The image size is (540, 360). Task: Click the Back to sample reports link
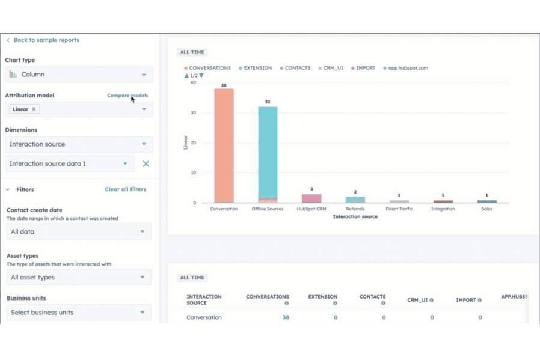point(46,40)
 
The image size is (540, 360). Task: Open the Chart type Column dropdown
point(79,75)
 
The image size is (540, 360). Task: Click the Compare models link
point(127,96)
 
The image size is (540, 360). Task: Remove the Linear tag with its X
point(34,109)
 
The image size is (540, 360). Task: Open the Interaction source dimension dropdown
point(79,144)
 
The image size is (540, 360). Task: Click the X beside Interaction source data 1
point(146,163)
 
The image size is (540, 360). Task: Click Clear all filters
point(125,189)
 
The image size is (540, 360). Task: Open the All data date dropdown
point(79,232)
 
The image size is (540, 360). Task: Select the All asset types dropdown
point(79,278)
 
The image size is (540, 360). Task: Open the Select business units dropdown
point(79,313)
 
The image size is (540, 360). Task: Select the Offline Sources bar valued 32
point(268,150)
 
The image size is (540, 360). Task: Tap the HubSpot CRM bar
point(311,198)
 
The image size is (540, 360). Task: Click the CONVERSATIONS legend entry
point(209,68)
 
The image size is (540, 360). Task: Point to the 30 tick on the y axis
point(193,112)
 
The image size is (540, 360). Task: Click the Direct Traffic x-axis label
point(399,209)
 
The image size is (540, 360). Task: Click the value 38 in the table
point(286,317)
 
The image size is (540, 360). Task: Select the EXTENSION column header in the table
point(323,297)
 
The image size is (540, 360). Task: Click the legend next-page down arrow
point(201,76)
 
